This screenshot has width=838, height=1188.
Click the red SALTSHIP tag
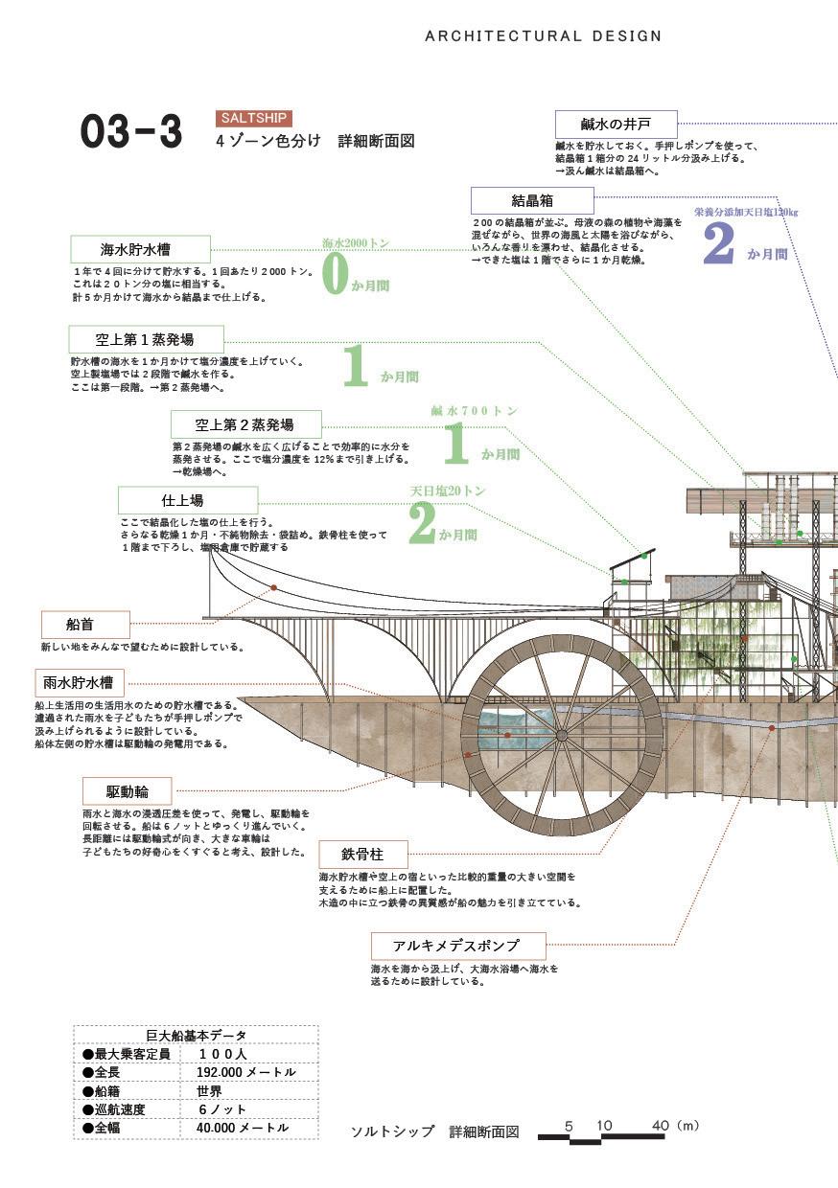253,118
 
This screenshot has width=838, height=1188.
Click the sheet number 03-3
130,132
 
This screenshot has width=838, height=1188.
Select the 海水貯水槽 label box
141,249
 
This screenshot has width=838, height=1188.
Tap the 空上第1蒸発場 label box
146,339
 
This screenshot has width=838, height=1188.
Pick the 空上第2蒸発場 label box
245,424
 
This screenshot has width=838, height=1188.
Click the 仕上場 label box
188,499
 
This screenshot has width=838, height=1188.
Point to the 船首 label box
85,624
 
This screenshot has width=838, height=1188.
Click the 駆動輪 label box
127,790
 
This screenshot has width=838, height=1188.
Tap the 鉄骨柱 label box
362,853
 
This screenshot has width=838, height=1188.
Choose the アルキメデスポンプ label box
457,946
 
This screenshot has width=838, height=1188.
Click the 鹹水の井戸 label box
616,124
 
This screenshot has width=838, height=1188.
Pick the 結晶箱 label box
532,200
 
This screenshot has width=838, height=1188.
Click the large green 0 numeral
334,274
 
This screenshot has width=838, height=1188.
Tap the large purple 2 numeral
718,243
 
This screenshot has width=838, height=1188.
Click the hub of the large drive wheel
561,736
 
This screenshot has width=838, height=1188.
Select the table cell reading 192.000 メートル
248,1072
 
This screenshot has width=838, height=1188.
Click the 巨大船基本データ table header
196,1035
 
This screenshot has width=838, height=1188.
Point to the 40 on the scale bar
660,1126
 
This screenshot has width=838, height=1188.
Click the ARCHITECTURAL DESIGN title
543,36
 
